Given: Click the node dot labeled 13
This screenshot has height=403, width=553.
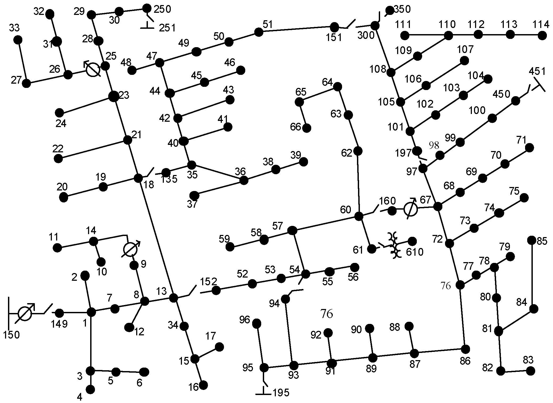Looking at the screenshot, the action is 173,298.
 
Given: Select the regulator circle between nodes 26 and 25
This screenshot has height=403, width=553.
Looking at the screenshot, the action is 93,70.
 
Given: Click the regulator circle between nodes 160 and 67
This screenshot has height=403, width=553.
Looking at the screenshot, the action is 410,210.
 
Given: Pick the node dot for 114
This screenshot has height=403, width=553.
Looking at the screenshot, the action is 542,35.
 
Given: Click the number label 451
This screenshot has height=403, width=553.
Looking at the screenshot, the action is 537,71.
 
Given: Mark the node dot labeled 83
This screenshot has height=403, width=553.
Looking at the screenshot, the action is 530,371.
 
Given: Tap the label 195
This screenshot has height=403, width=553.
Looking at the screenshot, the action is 281,393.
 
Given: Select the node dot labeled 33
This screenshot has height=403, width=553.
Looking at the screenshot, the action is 18,40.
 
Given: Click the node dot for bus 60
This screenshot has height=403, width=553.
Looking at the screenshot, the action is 359,216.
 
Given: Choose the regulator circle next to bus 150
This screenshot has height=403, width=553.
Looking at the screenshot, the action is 25,314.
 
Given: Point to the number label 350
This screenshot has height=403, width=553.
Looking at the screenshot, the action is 402,9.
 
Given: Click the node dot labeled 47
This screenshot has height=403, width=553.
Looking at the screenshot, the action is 159,63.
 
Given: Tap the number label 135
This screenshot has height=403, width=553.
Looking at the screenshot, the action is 169,179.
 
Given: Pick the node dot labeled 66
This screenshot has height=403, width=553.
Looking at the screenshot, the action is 307,128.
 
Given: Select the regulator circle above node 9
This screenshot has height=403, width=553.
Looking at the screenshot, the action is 130,250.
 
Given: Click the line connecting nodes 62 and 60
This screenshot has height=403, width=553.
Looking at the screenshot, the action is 358,184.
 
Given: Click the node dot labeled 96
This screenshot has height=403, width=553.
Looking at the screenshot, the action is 256,323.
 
